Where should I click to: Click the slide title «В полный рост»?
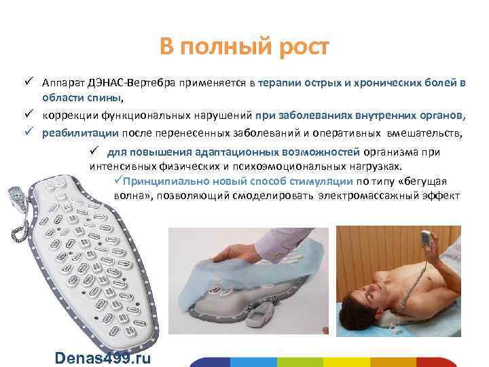click(244, 48)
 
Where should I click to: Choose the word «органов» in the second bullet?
click(443, 115)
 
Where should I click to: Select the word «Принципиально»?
click(161, 181)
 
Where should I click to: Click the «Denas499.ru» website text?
click(105, 358)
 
